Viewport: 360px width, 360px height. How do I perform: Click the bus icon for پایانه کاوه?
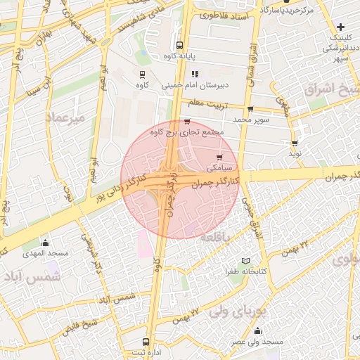click(x=179, y=44)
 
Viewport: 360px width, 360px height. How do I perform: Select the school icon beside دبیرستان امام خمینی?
click(x=195, y=73)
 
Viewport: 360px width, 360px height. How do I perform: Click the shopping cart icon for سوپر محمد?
click(x=250, y=109)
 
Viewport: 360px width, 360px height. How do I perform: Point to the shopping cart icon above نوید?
click(x=294, y=143)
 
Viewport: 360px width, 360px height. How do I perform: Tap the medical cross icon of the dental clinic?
click(x=341, y=26)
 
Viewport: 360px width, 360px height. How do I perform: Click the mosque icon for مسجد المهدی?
click(x=45, y=243)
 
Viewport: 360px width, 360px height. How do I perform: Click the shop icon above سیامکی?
click(x=219, y=157)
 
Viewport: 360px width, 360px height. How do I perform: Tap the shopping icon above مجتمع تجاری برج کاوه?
click(x=187, y=121)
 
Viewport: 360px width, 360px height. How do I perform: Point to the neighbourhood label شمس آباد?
click(x=32, y=278)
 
